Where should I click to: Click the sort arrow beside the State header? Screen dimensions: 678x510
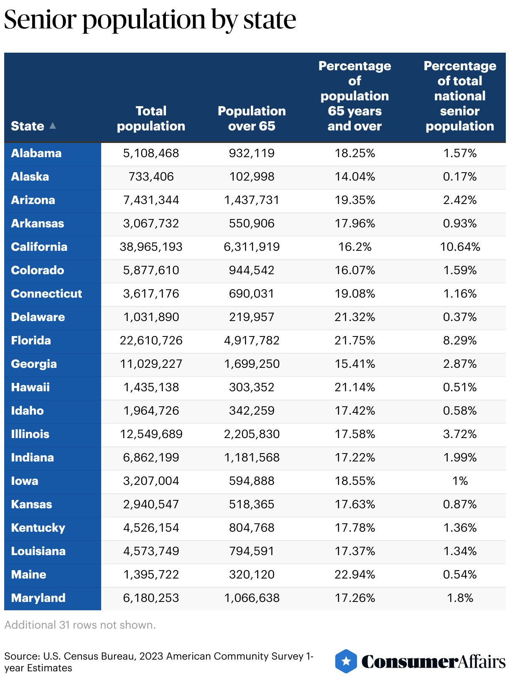pos(53,125)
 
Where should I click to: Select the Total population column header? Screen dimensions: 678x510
pos(151,118)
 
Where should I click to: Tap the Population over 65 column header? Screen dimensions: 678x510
pos(252,118)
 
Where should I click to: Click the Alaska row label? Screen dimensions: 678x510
pos(30,176)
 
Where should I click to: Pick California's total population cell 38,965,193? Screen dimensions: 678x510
pos(151,247)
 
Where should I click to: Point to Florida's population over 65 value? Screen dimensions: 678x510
pos(252,340)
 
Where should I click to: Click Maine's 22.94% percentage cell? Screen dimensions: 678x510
pos(354,574)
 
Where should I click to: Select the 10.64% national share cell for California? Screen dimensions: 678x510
pos(460,247)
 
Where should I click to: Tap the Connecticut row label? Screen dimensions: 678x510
pos(46,293)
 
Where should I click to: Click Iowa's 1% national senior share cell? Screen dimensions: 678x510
pos(460,481)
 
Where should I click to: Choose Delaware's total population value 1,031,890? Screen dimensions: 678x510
pos(151,317)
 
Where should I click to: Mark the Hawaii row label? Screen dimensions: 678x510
pos(30,387)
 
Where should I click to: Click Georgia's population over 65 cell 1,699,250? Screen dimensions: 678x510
pos(252,364)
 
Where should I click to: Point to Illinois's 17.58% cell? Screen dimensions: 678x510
pos(354,434)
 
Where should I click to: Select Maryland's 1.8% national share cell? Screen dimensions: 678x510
pos(460,598)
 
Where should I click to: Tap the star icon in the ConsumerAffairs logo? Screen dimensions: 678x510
pos(346,661)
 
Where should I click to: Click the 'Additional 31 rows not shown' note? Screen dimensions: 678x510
pos(80,625)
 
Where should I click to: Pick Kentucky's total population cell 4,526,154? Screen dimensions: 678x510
pos(151,528)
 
